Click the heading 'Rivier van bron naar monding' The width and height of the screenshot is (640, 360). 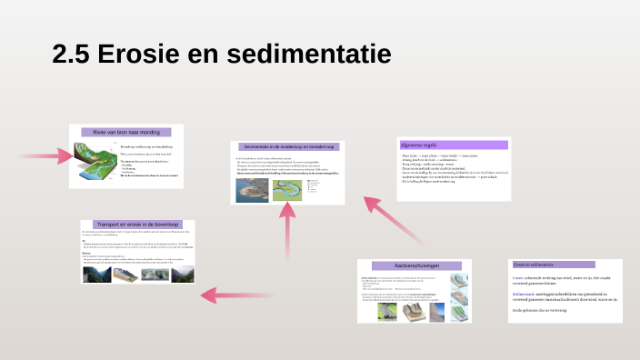pyautogui.click(x=126, y=133)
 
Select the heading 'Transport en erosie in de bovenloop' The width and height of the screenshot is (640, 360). pyautogui.click(x=137, y=224)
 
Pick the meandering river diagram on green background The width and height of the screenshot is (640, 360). pyautogui.click(x=290, y=186)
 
